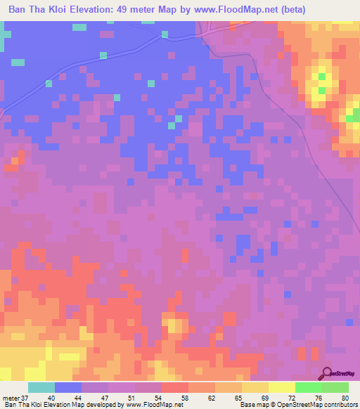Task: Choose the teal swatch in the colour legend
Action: (41, 387)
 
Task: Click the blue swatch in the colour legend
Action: (68, 387)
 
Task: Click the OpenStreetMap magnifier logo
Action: (327, 374)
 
